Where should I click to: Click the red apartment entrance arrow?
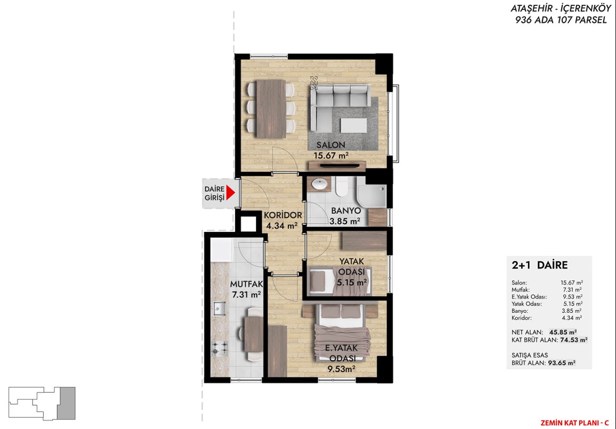click(x=230, y=193)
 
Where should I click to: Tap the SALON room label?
click(x=331, y=145)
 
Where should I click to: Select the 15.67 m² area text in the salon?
click(x=331, y=156)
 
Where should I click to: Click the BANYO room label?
click(x=346, y=211)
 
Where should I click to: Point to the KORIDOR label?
click(x=283, y=215)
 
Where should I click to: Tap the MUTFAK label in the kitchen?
click(x=246, y=284)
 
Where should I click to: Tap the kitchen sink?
click(x=219, y=309)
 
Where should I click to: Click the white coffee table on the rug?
click(x=354, y=126)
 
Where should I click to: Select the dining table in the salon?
click(x=271, y=109)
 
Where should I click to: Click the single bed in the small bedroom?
click(x=339, y=281)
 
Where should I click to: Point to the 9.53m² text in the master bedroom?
click(x=341, y=369)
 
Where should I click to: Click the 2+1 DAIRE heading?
click(x=539, y=265)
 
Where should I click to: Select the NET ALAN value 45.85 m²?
click(x=563, y=332)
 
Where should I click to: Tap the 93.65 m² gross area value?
click(x=562, y=363)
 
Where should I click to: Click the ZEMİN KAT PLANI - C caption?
click(x=574, y=423)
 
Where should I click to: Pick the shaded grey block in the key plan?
click(x=66, y=403)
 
